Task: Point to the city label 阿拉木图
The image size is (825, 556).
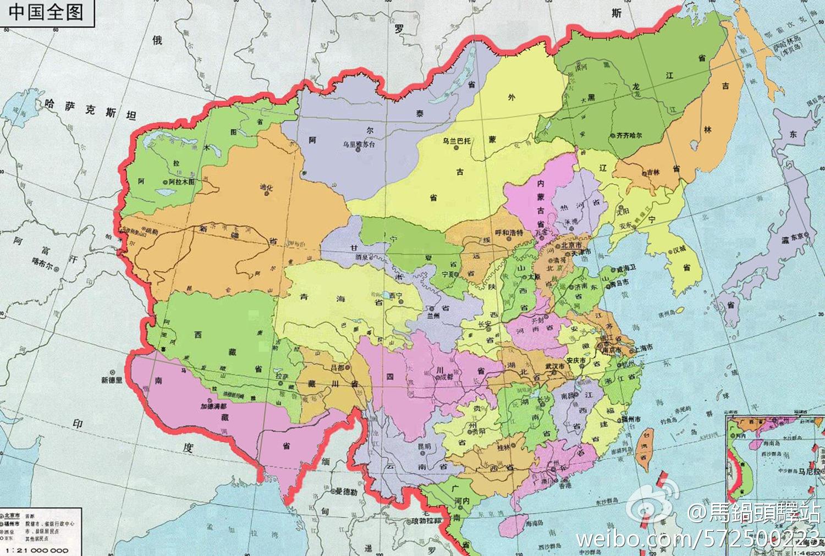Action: point(182,182)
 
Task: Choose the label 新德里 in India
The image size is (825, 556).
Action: point(114,379)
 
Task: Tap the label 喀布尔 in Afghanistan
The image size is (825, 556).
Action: point(57,265)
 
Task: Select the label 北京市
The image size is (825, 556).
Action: point(571,242)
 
